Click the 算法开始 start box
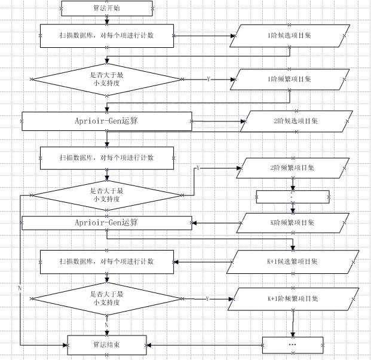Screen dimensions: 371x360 pyautogui.click(x=107, y=8)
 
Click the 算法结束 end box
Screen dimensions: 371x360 pyautogui.click(x=107, y=345)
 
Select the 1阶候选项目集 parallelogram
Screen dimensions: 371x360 pyautogui.click(x=290, y=36)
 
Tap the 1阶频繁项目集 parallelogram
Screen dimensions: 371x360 pyautogui.click(x=290, y=80)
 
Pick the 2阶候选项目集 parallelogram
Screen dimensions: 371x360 pyautogui.click(x=296, y=121)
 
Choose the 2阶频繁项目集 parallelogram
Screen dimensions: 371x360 pyautogui.click(x=293, y=168)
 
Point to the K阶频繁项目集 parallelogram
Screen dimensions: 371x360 pyautogui.click(x=293, y=223)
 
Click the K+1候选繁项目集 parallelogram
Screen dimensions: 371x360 pyautogui.click(x=293, y=262)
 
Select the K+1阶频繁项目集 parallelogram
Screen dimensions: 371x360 pyautogui.click(x=293, y=299)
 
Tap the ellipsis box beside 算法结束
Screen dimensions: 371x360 pyautogui.click(x=293, y=345)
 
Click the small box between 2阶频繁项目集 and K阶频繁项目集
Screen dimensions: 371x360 pyautogui.click(x=293, y=197)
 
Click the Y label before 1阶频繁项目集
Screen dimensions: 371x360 pyautogui.click(x=209, y=79)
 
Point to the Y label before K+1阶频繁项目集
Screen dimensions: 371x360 pyautogui.click(x=207, y=298)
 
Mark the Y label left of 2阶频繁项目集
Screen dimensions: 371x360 pyautogui.click(x=198, y=168)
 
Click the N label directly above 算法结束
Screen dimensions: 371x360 pyautogui.click(x=106, y=325)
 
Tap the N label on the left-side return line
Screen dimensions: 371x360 pyautogui.click(x=20, y=288)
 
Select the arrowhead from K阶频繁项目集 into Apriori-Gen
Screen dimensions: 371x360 pyautogui.click(x=194, y=223)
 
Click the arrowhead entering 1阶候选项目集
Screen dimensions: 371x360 pyautogui.click(x=233, y=36)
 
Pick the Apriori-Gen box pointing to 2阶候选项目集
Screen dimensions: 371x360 pyautogui.click(x=107, y=121)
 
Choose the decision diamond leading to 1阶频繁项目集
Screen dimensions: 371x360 pyautogui.click(x=107, y=80)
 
